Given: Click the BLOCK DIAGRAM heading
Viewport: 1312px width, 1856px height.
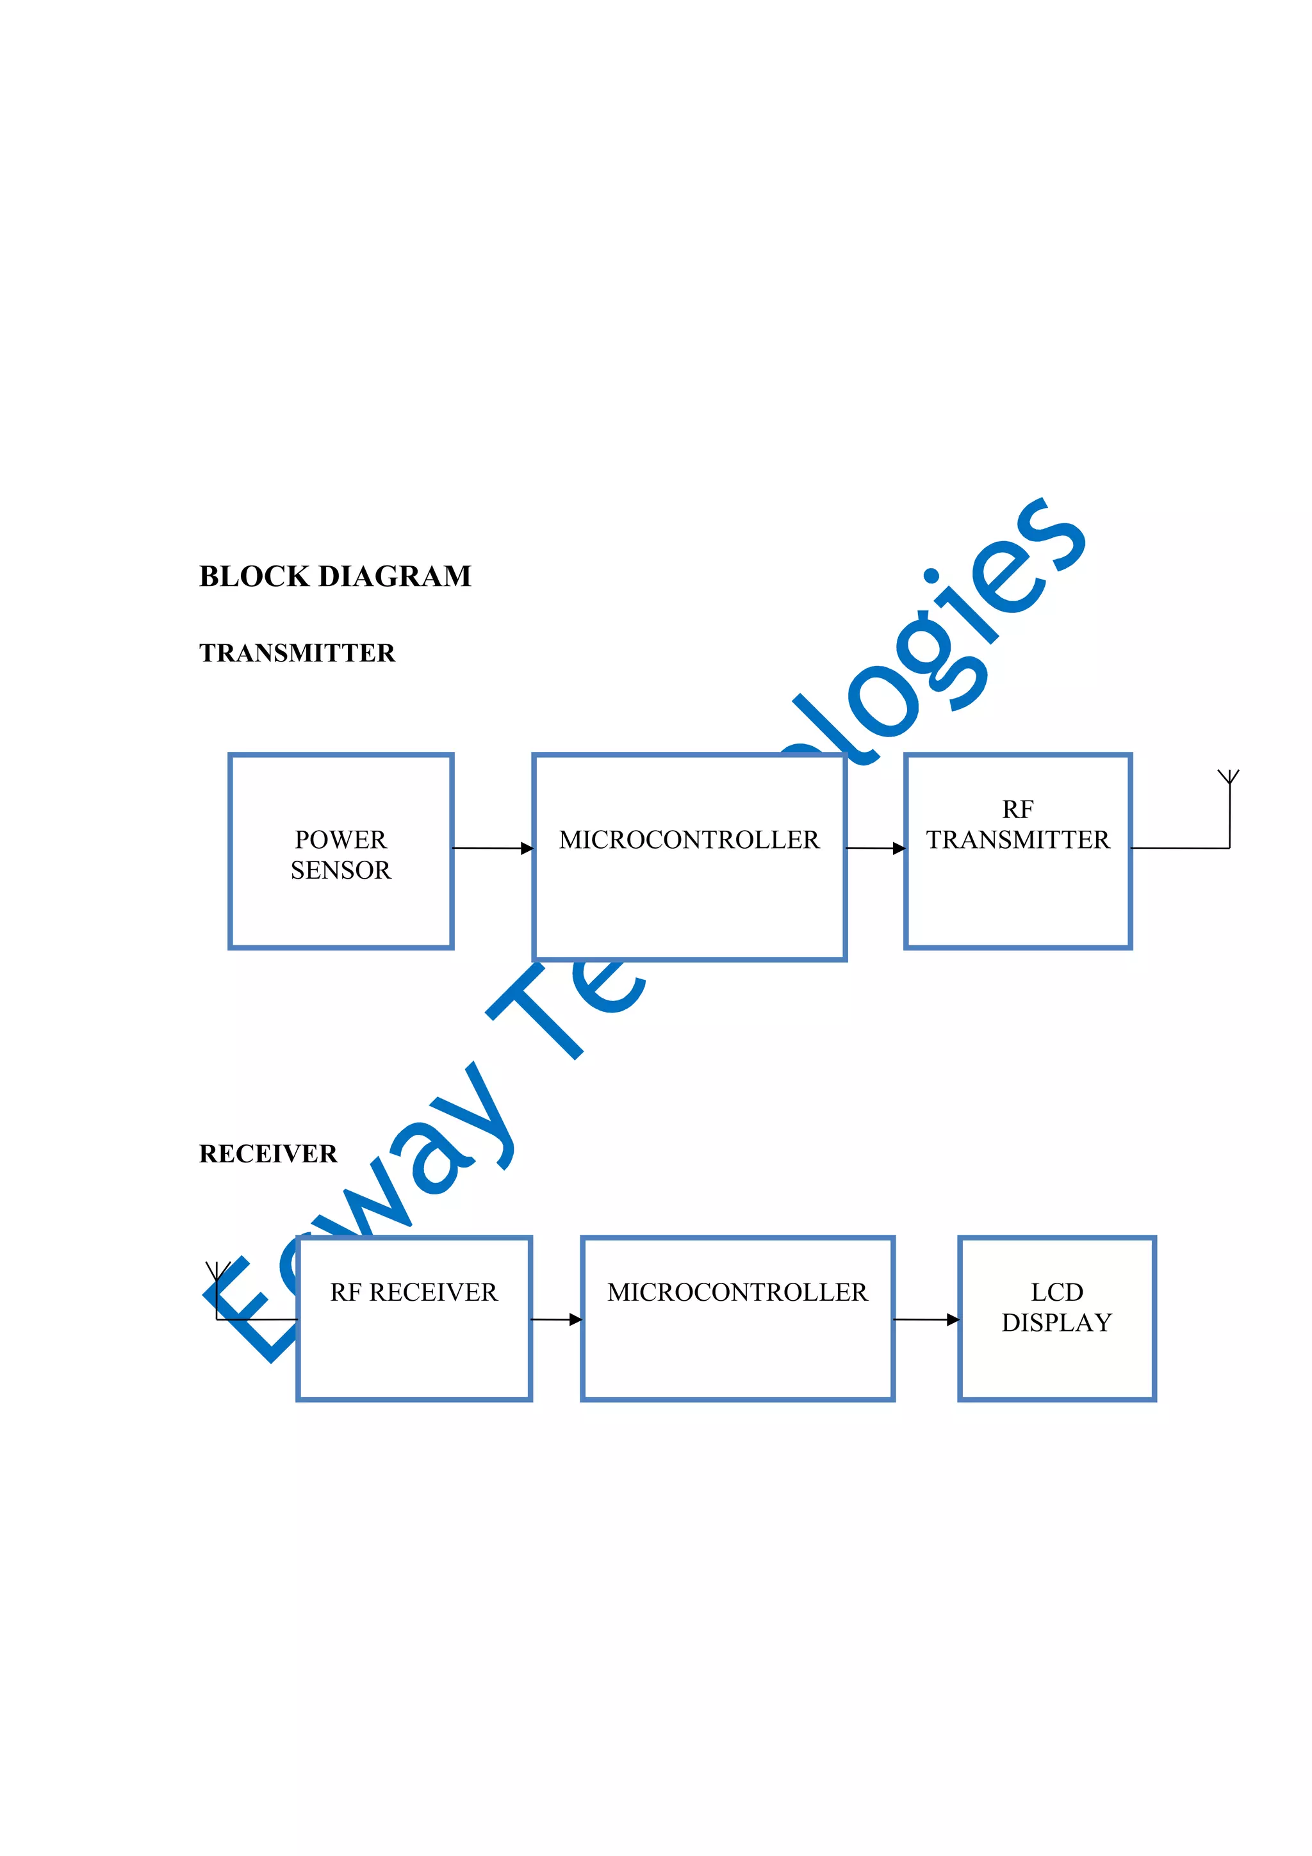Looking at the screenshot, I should point(334,576).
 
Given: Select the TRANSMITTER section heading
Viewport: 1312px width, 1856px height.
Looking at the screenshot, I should point(297,653).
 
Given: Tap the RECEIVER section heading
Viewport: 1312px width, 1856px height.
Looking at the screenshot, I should point(268,1153).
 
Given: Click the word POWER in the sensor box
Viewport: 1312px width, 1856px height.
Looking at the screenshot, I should point(340,840).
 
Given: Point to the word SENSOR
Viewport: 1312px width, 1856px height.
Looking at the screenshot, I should point(340,870).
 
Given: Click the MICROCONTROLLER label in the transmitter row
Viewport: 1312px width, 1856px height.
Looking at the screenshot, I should point(689,840).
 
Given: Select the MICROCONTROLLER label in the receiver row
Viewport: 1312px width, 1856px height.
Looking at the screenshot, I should point(737,1292).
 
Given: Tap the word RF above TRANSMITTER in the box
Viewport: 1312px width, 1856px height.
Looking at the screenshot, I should point(1018,809).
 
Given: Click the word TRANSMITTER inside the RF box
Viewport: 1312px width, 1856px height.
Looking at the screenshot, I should point(1018,840).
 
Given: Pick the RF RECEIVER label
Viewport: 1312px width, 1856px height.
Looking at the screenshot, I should point(414,1292).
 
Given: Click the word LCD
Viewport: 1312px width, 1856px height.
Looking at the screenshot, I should point(1056,1292).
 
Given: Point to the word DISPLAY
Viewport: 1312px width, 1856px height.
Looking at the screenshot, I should point(1056,1323).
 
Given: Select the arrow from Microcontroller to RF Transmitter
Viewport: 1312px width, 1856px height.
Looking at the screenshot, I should point(876,848).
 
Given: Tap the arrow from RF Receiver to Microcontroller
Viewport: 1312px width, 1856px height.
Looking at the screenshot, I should point(556,1319).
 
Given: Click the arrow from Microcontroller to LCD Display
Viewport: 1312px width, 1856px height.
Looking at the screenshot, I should point(926,1319).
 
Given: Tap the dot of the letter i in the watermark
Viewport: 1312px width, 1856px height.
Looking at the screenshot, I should point(931,576).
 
